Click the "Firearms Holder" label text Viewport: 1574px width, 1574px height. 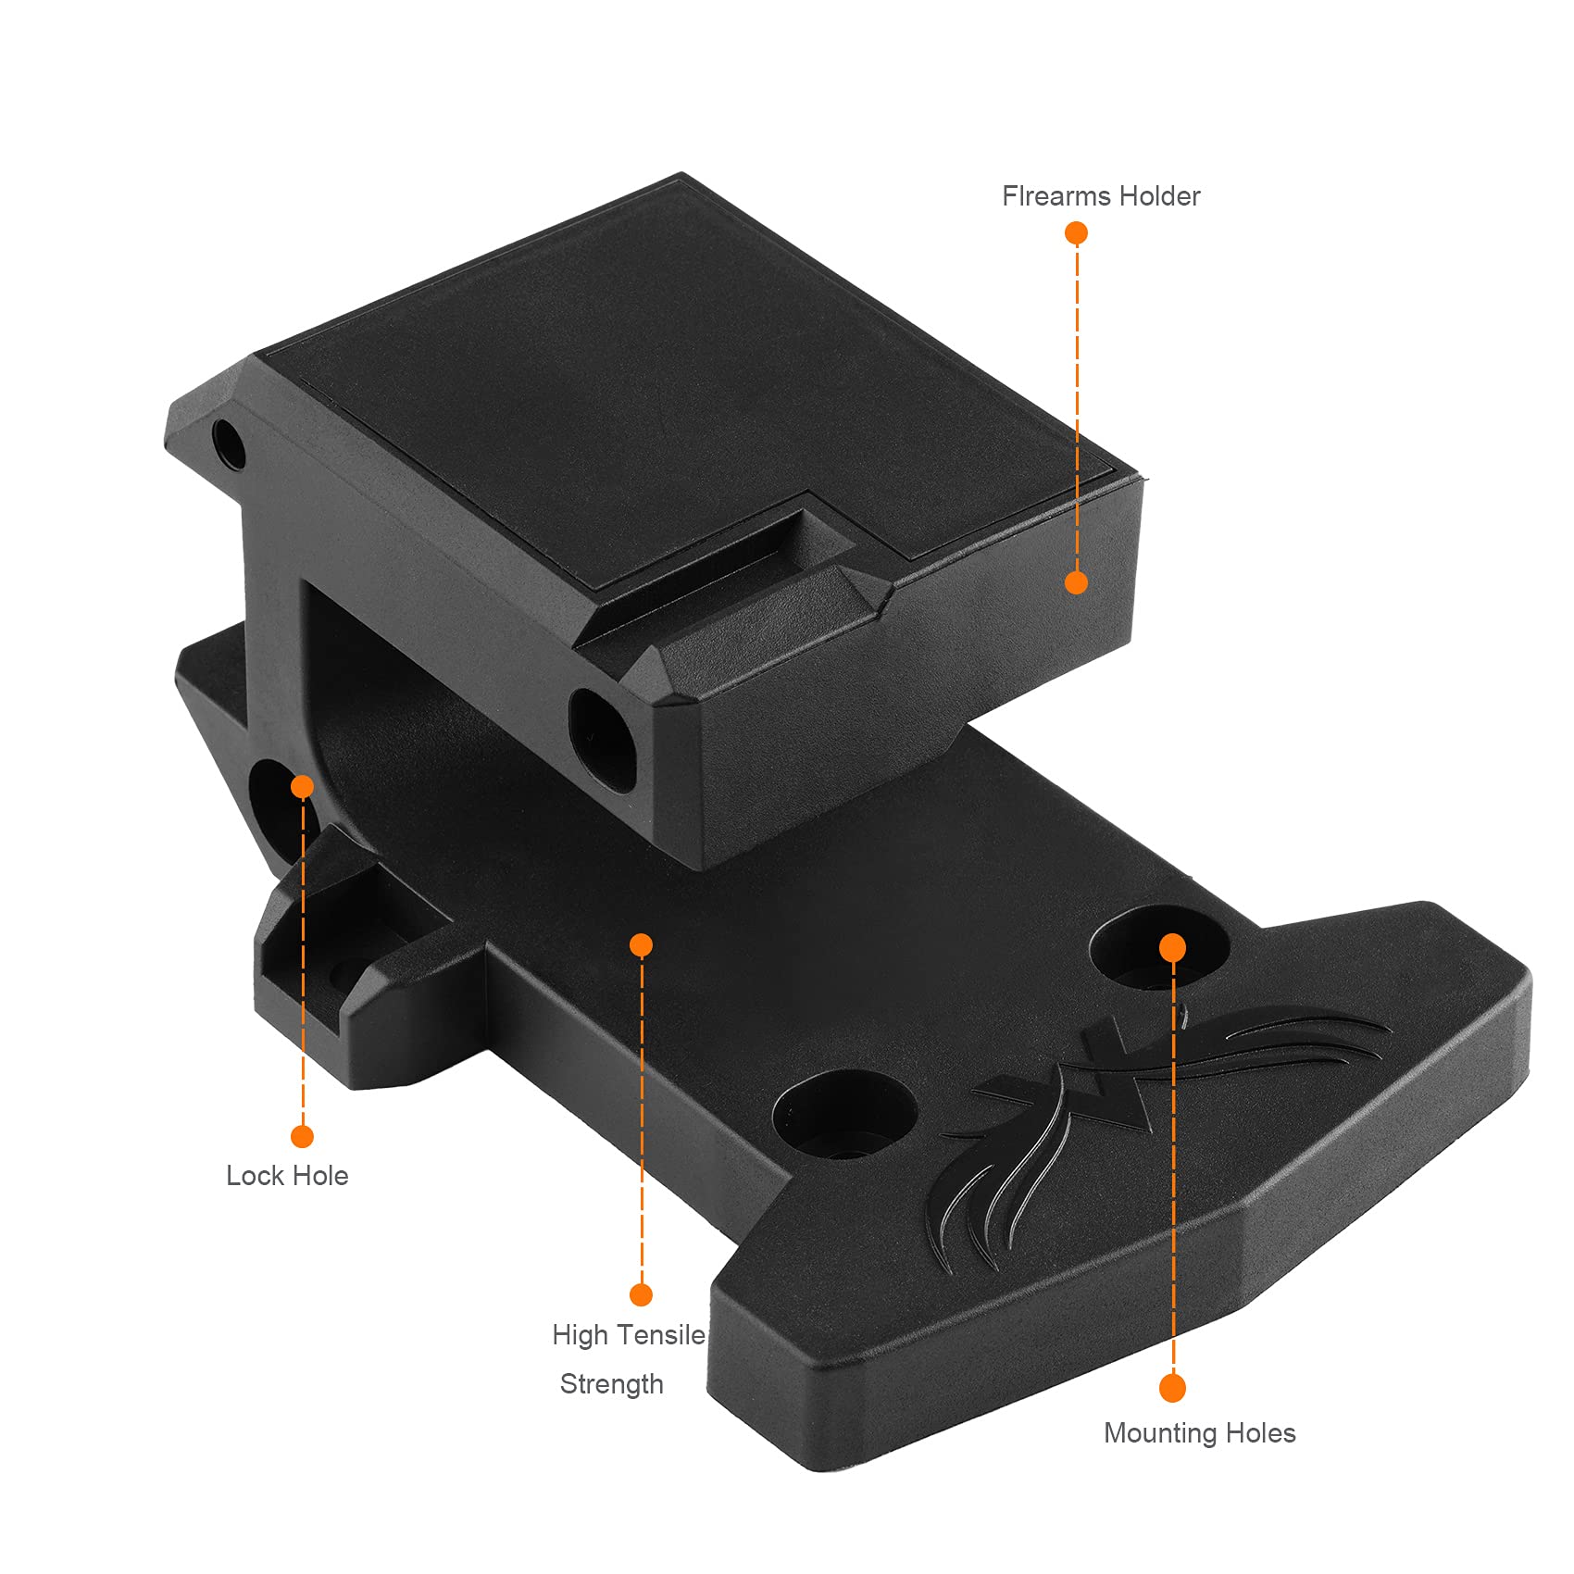pos(1101,196)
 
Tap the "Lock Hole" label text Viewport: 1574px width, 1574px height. pos(287,1176)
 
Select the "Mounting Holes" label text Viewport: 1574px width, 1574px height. pos(1199,1433)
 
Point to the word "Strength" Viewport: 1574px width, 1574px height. pos(611,1384)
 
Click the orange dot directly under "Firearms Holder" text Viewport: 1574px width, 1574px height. pos(1076,233)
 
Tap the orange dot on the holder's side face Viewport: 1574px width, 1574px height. pos(1076,582)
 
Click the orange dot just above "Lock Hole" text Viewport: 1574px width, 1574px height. pos(302,1136)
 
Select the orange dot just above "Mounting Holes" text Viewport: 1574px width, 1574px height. pos(1172,1388)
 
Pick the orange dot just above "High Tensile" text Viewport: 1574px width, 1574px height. pos(641,1294)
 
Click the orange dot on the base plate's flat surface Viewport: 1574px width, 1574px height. pos(641,944)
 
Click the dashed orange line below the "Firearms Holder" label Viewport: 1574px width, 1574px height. pos(1077,407)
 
